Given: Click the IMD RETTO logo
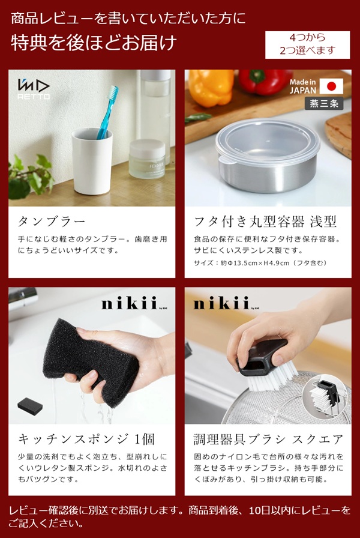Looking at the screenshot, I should (x=34, y=89).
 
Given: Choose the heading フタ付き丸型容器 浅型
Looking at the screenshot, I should (x=265, y=221).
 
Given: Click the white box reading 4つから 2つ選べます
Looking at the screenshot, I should (x=307, y=44).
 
